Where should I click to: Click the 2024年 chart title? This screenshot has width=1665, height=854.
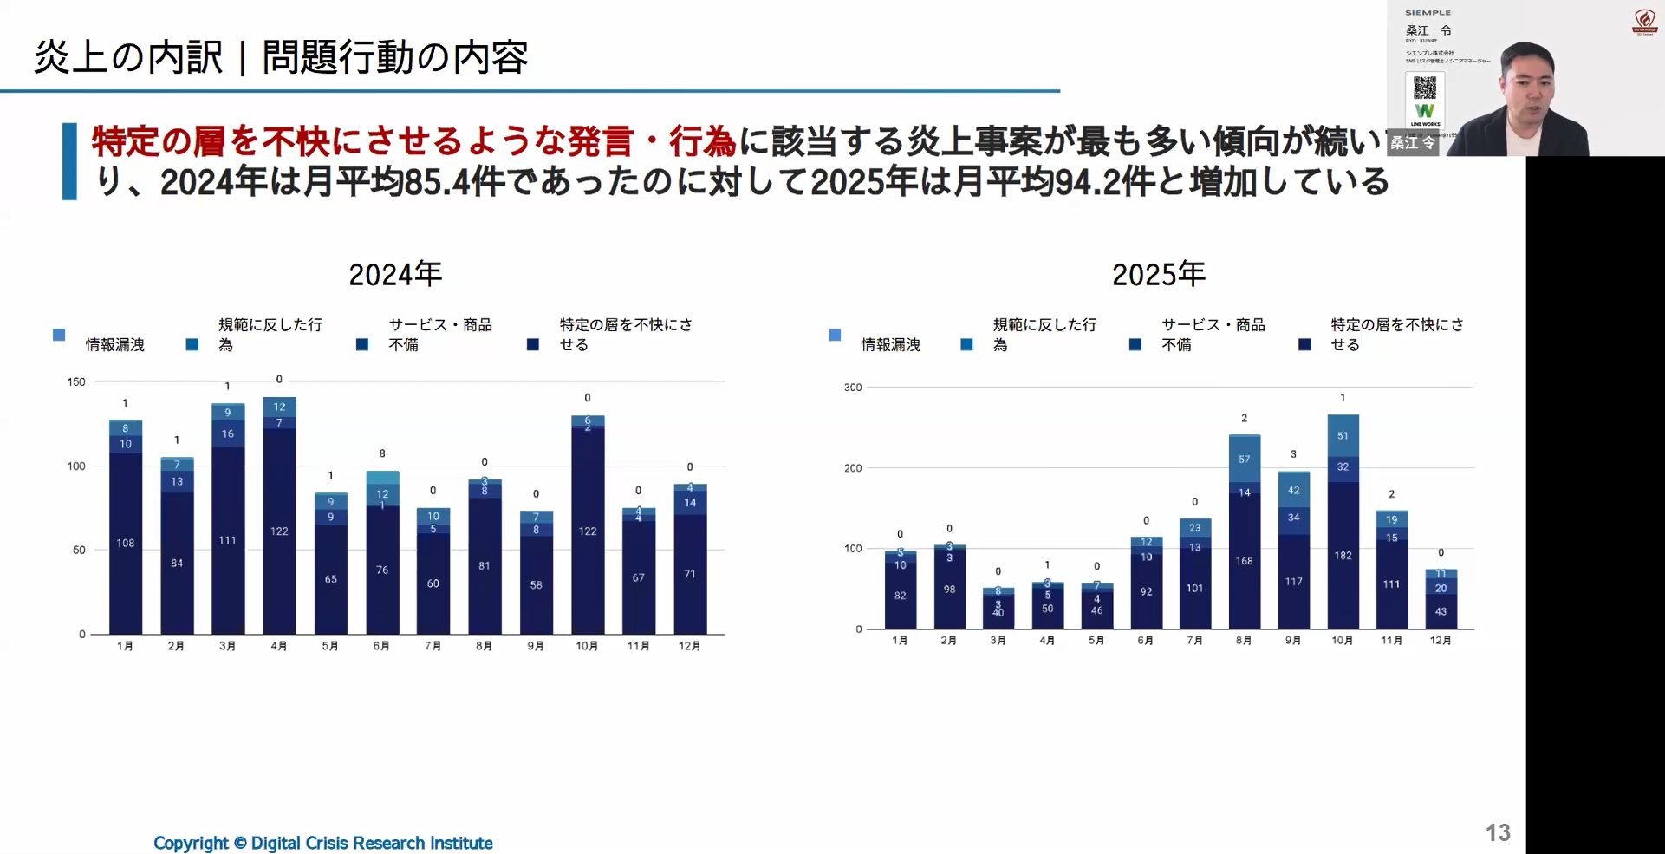click(x=395, y=274)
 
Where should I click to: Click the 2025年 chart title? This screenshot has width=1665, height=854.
click(x=1158, y=274)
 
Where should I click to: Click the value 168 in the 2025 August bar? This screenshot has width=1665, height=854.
click(x=1244, y=561)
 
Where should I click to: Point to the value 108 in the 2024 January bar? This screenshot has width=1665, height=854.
click(x=126, y=544)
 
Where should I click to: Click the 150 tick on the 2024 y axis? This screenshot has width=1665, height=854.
click(x=76, y=381)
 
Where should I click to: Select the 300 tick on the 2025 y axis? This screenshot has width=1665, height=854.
click(x=853, y=388)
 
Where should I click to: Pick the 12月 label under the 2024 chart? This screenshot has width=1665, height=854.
click(x=689, y=646)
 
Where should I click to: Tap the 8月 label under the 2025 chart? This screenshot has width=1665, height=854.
click(x=1244, y=641)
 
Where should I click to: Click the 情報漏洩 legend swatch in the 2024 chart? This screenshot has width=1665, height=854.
click(x=59, y=335)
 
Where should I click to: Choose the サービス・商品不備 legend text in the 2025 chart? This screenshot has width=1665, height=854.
click(x=1213, y=335)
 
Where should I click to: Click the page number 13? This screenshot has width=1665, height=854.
click(x=1498, y=832)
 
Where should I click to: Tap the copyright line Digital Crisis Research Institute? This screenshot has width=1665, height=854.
click(x=322, y=843)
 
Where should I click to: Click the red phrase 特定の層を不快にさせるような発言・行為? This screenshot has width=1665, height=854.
click(x=413, y=141)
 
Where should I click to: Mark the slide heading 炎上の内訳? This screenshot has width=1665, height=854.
click(x=128, y=57)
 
